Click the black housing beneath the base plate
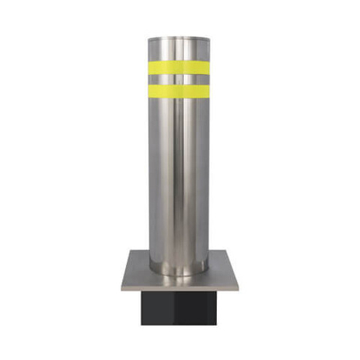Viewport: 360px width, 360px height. (179, 309)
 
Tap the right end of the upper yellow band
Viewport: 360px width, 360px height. (208, 67)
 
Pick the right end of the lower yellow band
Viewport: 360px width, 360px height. (208, 90)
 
